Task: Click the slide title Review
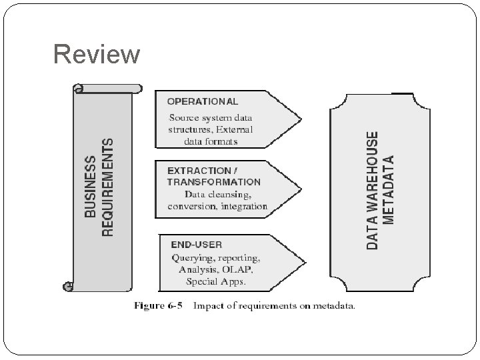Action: click(97, 55)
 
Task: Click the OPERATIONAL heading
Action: click(202, 102)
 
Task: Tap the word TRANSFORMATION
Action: click(213, 181)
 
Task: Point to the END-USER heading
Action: click(196, 245)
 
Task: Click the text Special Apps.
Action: click(216, 281)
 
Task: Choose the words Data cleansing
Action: click(218, 195)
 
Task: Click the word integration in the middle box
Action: click(245, 206)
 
